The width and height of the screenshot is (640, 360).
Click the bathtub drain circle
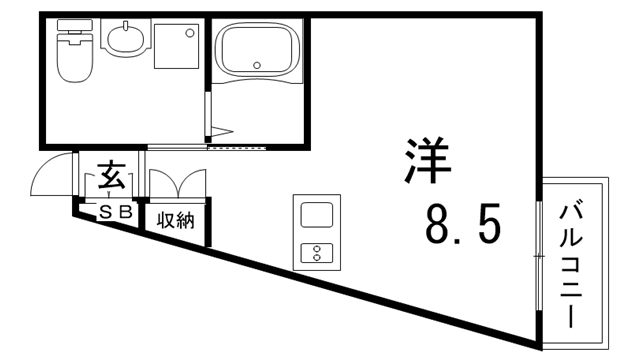[258, 65]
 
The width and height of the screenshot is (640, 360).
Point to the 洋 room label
[427, 160]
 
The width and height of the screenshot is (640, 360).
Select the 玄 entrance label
[112, 177]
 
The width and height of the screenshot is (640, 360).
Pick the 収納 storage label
[175, 218]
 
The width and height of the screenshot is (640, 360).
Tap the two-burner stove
[317, 251]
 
